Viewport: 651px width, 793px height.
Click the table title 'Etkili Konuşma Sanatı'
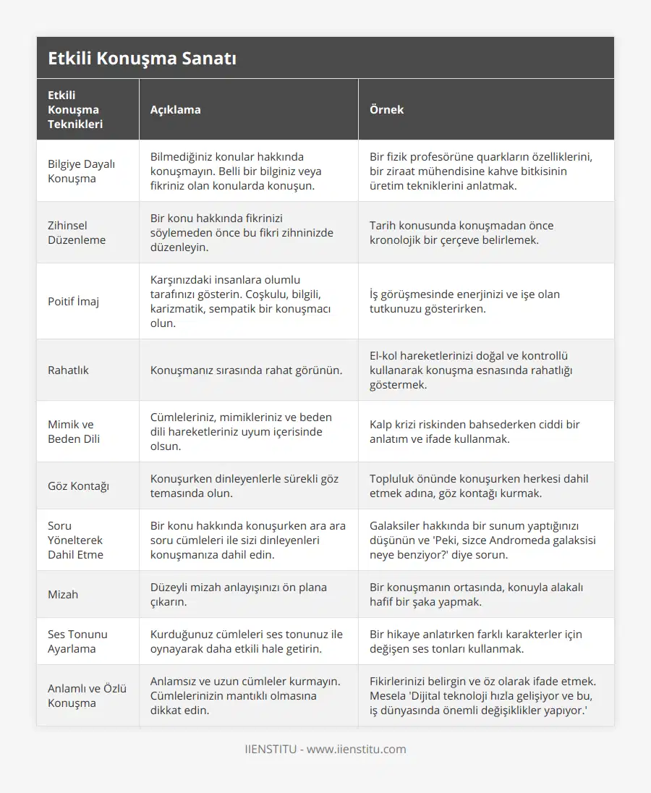[142, 59]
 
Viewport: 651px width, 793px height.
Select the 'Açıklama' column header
[175, 109]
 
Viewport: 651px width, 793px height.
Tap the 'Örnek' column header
[386, 109]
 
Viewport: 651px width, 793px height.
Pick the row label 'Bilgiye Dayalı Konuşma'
[81, 171]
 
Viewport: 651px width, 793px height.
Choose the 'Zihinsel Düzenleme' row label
[77, 232]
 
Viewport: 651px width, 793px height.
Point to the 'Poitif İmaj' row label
[73, 301]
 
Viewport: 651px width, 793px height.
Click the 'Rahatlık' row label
[68, 370]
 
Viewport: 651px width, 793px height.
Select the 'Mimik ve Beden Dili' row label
[74, 431]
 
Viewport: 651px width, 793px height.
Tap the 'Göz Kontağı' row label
[78, 485]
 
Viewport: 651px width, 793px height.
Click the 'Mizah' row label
[63, 594]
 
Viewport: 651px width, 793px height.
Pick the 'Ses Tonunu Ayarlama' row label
[77, 641]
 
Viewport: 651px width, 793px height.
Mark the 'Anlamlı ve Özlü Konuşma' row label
[87, 695]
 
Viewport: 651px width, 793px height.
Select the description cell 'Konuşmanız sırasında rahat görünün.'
[246, 370]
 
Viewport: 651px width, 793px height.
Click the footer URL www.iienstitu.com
[356, 749]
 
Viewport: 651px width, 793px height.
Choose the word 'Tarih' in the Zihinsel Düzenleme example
[384, 225]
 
